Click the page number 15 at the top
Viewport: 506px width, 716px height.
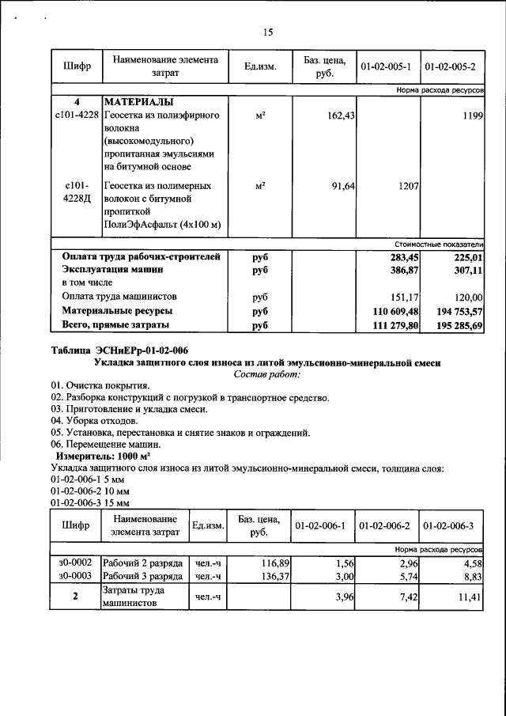267,32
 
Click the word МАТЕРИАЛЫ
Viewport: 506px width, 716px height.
139,103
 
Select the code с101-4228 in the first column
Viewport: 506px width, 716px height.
77,116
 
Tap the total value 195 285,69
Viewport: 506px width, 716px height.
455,326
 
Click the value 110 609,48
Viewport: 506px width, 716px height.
390,312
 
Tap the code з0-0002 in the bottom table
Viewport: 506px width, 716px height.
76,561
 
